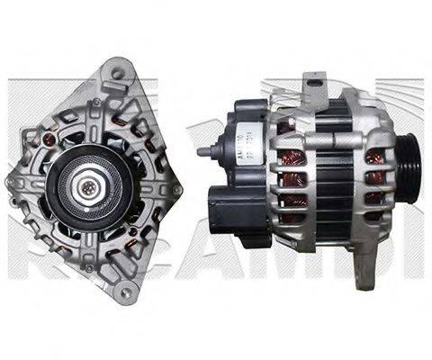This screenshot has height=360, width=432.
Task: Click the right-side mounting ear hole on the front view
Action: [176, 190]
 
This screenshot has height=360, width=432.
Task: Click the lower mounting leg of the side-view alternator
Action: [362, 261]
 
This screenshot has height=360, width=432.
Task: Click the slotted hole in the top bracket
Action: [314, 85]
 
